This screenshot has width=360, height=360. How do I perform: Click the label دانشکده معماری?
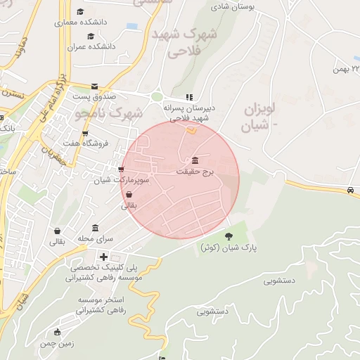(x=79, y=22)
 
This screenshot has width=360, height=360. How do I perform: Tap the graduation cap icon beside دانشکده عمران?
(x=90, y=37)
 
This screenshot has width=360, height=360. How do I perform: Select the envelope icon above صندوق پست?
(x=94, y=86)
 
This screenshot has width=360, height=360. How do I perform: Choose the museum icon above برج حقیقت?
(x=195, y=160)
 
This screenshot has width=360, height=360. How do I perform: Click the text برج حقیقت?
(x=195, y=171)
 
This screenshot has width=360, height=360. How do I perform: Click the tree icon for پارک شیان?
(x=229, y=236)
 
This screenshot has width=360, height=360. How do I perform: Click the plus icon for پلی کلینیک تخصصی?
(x=104, y=257)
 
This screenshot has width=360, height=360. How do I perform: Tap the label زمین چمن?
(x=58, y=342)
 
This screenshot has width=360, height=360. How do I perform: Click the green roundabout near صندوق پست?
(x=156, y=98)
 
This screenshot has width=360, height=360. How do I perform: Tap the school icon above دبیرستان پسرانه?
(x=188, y=98)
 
